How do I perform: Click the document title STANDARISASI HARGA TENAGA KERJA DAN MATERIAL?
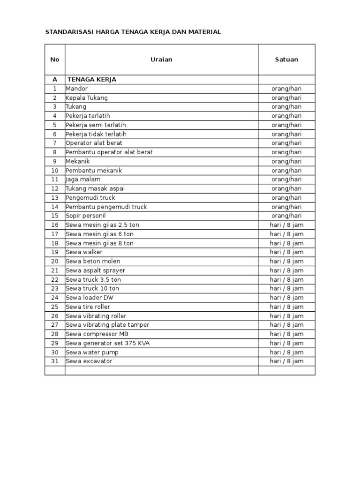(x=133, y=32)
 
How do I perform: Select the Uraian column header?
(x=161, y=60)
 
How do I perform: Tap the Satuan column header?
(x=286, y=60)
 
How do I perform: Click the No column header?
(x=55, y=60)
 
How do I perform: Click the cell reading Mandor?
(x=77, y=89)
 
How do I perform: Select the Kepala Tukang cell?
(x=87, y=98)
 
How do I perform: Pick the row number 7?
(x=55, y=143)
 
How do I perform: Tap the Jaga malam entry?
(x=83, y=180)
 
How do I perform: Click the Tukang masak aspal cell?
(x=95, y=188)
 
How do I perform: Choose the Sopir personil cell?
(x=86, y=216)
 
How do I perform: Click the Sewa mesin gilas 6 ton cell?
(x=100, y=234)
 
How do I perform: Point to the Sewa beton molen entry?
(x=93, y=261)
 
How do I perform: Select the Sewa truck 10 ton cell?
(x=92, y=288)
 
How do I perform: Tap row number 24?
(x=55, y=298)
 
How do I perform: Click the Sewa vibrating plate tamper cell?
(x=107, y=325)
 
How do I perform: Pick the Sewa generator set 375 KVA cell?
(x=108, y=343)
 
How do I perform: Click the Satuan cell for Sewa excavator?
(x=286, y=361)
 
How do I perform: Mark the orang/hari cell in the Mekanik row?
(x=286, y=161)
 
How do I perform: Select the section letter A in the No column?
(x=55, y=80)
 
